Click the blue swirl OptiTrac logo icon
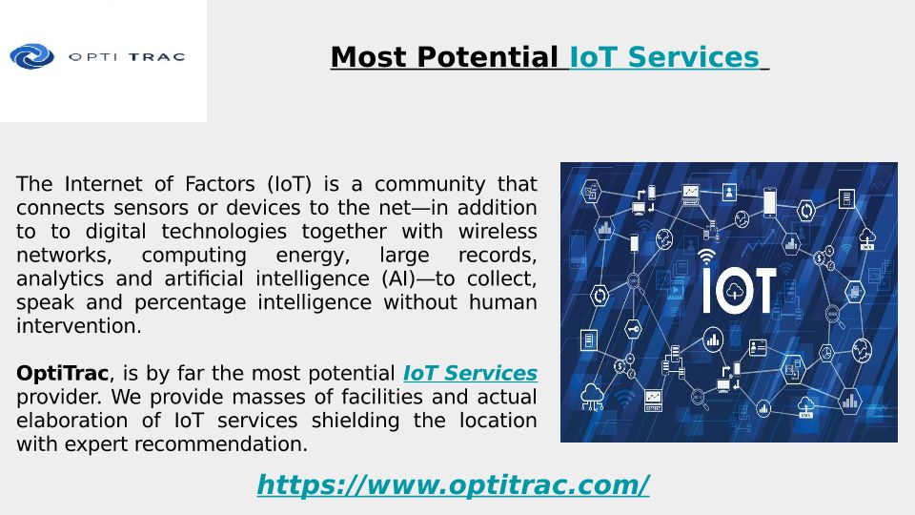click(x=32, y=56)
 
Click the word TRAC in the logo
click(x=156, y=57)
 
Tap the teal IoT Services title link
click(x=664, y=57)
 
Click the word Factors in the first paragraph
click(x=220, y=184)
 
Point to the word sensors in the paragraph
click(x=152, y=208)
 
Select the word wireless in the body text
click(x=498, y=231)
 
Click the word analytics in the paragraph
click(x=59, y=279)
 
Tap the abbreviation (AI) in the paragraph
click(x=398, y=279)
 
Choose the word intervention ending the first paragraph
click(x=79, y=326)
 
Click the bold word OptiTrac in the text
click(x=63, y=374)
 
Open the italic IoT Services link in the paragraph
click(x=470, y=373)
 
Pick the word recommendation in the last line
click(x=220, y=444)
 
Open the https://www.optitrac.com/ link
click(x=454, y=485)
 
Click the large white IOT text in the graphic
click(x=739, y=290)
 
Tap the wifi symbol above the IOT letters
click(x=706, y=257)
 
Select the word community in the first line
click(x=430, y=184)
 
